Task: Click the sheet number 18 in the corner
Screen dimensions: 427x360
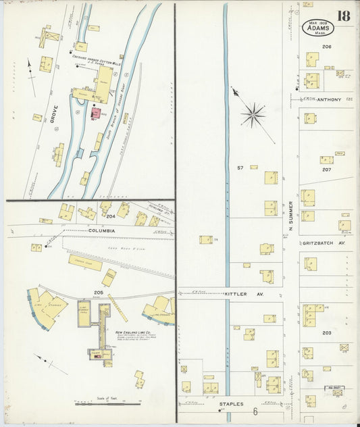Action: click(344, 16)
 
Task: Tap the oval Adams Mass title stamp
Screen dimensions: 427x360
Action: click(317, 28)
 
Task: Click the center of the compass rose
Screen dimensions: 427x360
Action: click(254, 114)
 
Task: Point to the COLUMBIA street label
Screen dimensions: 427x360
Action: click(102, 230)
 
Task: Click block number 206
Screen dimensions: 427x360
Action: click(327, 47)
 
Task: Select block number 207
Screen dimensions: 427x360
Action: click(327, 170)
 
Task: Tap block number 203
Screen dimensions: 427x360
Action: click(327, 333)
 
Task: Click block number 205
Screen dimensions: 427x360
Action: click(99, 293)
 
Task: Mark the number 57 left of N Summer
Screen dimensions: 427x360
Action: click(240, 167)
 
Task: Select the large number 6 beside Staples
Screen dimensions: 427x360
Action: click(256, 411)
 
